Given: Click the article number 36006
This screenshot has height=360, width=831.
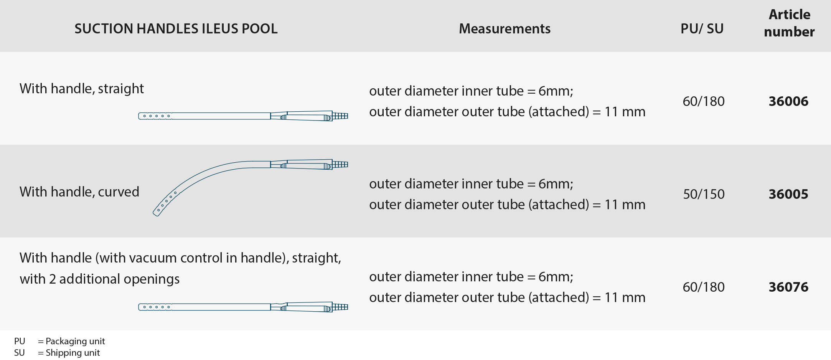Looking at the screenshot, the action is pyautogui.click(x=788, y=101).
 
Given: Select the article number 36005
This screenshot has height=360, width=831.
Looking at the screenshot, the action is pyautogui.click(x=788, y=194).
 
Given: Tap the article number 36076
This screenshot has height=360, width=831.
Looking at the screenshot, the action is pyautogui.click(x=788, y=287).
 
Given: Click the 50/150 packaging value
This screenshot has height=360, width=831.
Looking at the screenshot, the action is pyautogui.click(x=704, y=194).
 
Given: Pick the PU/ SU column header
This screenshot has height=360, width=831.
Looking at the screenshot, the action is pyautogui.click(x=702, y=29).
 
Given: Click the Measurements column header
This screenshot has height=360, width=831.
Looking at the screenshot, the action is pyautogui.click(x=505, y=29).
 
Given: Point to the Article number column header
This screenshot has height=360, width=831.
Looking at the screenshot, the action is pyautogui.click(x=789, y=23).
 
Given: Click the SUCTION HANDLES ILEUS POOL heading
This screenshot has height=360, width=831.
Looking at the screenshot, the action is pyautogui.click(x=176, y=29).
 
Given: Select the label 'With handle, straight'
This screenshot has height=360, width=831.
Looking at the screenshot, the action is pyautogui.click(x=82, y=89).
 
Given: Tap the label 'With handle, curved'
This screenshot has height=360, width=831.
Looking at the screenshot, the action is pyautogui.click(x=79, y=192).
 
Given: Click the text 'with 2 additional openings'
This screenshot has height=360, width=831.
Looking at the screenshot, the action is pyautogui.click(x=100, y=279).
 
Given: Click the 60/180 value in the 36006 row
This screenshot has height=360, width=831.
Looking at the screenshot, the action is pyautogui.click(x=704, y=101).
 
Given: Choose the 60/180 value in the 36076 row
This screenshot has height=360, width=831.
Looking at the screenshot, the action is pyautogui.click(x=704, y=287).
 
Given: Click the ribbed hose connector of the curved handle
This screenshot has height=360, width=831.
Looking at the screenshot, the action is pyautogui.click(x=340, y=165).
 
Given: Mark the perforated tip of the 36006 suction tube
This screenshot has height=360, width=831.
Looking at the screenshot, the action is pyautogui.click(x=155, y=116).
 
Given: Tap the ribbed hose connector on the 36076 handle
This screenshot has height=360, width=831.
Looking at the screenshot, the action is pyautogui.click(x=340, y=307).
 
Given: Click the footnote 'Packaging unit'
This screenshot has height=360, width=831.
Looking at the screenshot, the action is pyautogui.click(x=75, y=341).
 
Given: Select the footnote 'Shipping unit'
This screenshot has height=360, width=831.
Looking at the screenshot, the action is pyautogui.click(x=73, y=353).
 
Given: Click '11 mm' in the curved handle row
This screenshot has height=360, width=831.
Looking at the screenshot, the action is pyautogui.click(x=625, y=205).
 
